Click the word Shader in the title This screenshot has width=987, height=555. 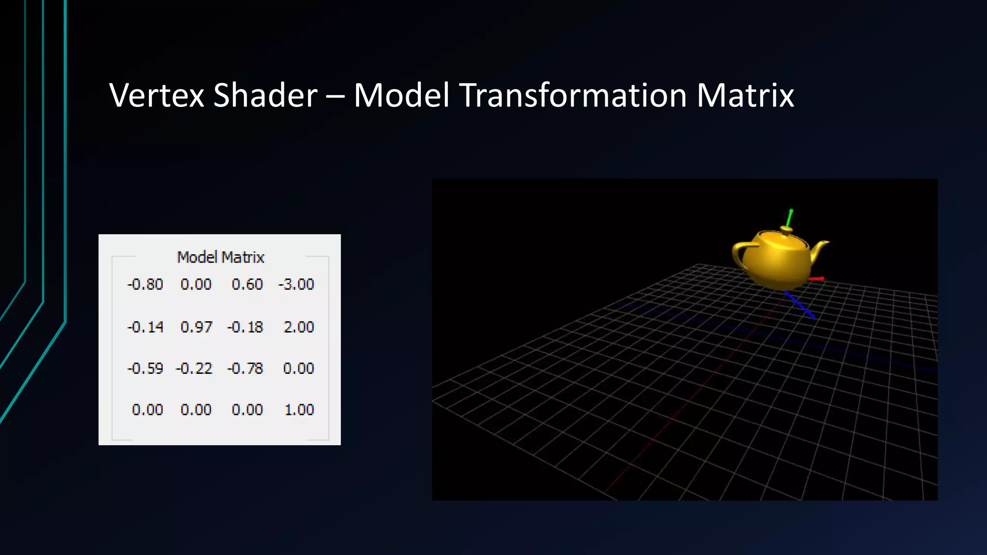point(265,95)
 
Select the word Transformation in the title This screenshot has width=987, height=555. point(573,95)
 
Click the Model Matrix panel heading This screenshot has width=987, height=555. point(221,257)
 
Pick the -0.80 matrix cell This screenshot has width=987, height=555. point(145,284)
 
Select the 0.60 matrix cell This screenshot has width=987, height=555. point(247,284)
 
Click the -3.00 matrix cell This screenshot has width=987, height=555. point(296,284)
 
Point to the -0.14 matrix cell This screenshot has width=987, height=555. point(145,327)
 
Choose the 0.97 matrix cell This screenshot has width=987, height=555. point(196,327)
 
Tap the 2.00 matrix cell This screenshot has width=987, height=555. point(299,327)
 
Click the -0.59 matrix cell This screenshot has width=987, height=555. point(145,369)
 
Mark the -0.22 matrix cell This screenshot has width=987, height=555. point(194,369)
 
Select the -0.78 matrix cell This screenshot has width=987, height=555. point(245,369)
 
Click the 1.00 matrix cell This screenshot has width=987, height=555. point(299,410)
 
